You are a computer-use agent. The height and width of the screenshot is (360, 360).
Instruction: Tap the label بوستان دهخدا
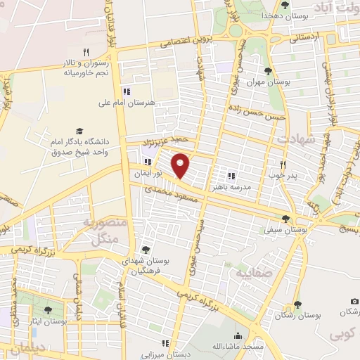click(x=261, y=15)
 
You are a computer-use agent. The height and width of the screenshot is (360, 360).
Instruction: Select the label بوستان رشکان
click(x=297, y=316)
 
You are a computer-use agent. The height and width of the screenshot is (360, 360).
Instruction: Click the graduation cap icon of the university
click(x=79, y=131)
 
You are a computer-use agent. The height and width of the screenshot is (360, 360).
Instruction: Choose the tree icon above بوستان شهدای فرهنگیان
click(x=146, y=249)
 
